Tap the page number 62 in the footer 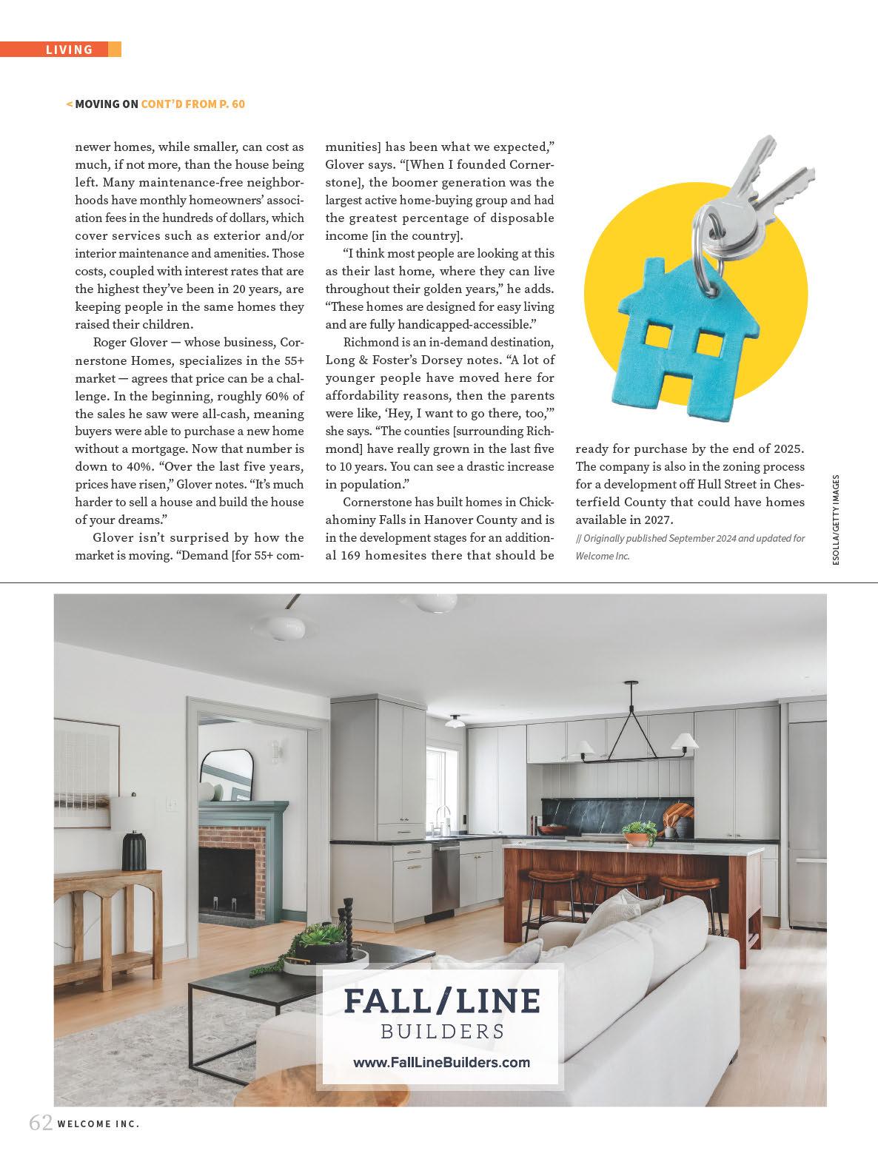coord(41,1143)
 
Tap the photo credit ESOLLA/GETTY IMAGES coord(836,522)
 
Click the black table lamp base coord(134,850)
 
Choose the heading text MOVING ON coord(107,104)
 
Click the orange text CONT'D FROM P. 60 coord(193,104)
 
